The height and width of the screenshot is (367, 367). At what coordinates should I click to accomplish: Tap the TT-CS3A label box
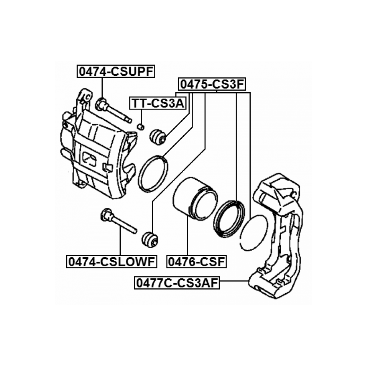pos(158,103)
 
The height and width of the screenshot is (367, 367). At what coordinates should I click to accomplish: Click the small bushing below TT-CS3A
pos(141,127)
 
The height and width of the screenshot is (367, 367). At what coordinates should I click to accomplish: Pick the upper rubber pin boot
pos(158,136)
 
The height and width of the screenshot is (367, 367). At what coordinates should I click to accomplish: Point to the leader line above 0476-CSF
pos(187,236)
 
